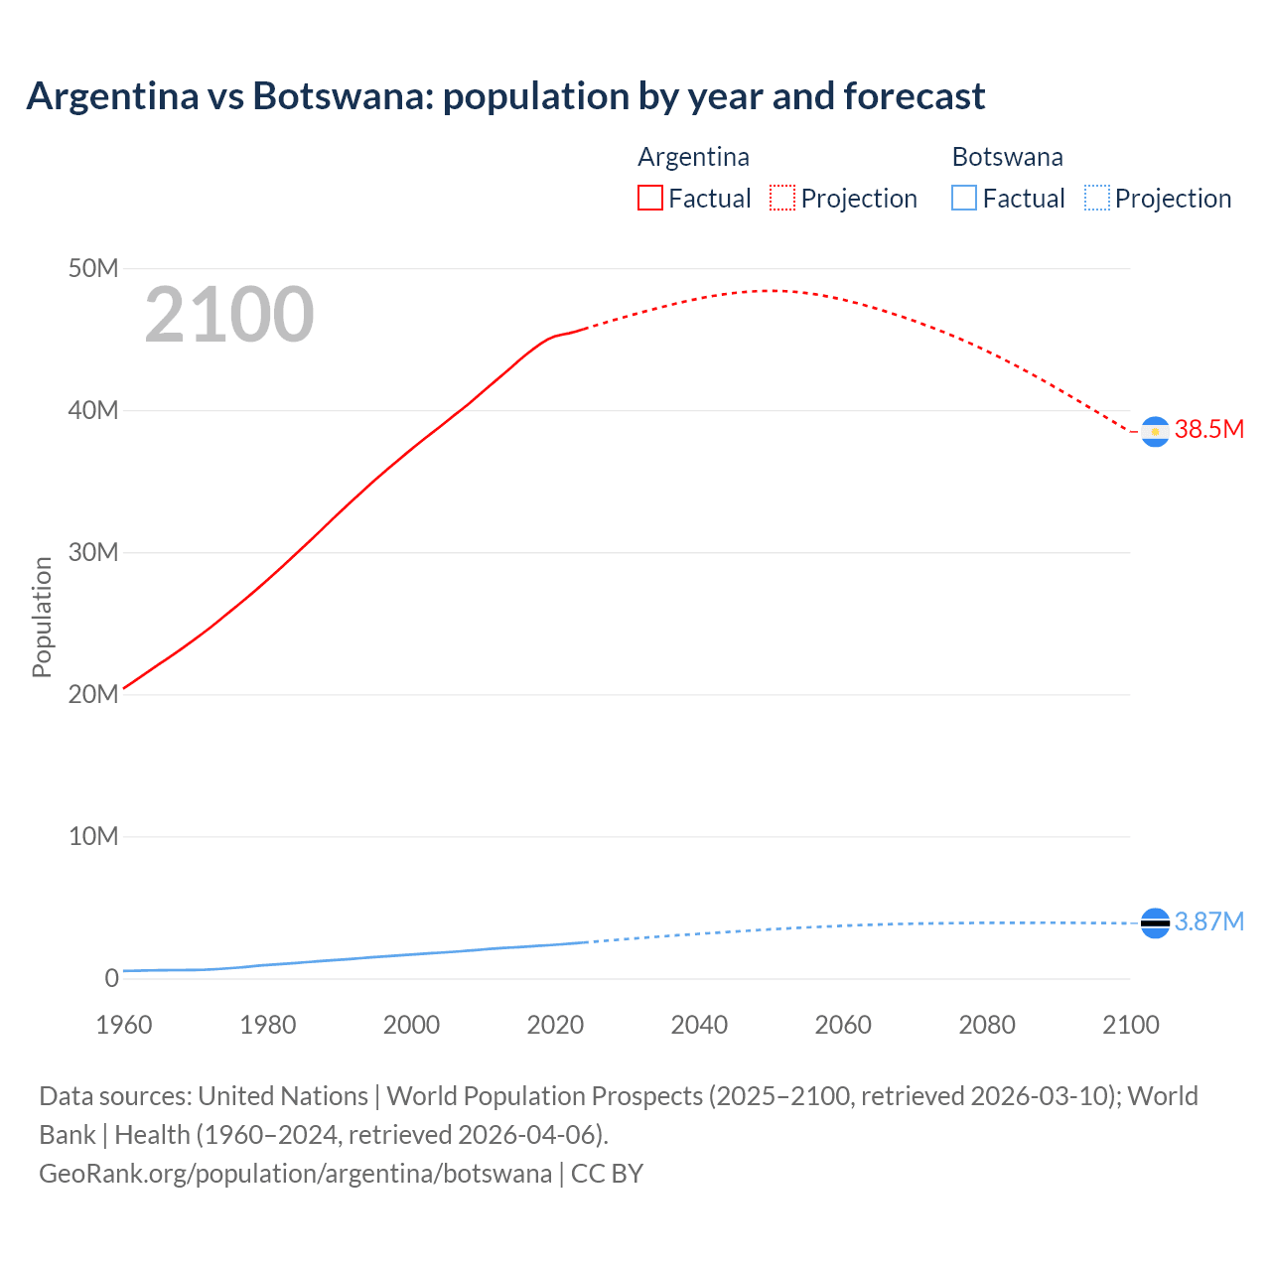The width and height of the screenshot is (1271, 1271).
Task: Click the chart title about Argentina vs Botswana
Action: point(505,96)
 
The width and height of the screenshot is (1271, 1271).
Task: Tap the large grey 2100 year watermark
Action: point(229,315)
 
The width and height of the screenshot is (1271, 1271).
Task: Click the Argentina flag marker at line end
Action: point(1155,432)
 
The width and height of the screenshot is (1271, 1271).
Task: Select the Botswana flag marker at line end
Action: point(1155,922)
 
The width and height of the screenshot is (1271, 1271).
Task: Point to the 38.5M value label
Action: point(1208,429)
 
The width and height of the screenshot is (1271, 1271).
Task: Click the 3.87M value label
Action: point(1208,921)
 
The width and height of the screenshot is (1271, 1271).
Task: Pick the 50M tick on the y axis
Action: point(93,268)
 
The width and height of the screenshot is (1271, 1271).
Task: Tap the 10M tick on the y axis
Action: point(93,836)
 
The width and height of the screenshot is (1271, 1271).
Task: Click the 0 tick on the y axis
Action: point(111,978)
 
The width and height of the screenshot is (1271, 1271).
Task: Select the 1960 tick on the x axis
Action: point(124,1025)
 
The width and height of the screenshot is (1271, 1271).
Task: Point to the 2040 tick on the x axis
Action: point(699,1025)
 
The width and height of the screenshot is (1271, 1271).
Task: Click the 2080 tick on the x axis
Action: point(987,1025)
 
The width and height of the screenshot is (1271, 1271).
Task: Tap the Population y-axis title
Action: point(42,617)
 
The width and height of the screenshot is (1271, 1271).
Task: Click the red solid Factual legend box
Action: point(650,198)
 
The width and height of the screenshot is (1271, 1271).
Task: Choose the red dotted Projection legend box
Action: point(782,198)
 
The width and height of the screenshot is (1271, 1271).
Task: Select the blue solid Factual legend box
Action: point(964,198)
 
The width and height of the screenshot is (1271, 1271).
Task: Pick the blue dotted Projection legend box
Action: point(1096,198)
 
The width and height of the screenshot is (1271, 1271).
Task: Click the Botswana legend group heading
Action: point(1007,157)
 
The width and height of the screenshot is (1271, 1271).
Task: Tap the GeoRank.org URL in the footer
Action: point(295,1173)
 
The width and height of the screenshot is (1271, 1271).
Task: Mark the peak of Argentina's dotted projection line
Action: point(771,291)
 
